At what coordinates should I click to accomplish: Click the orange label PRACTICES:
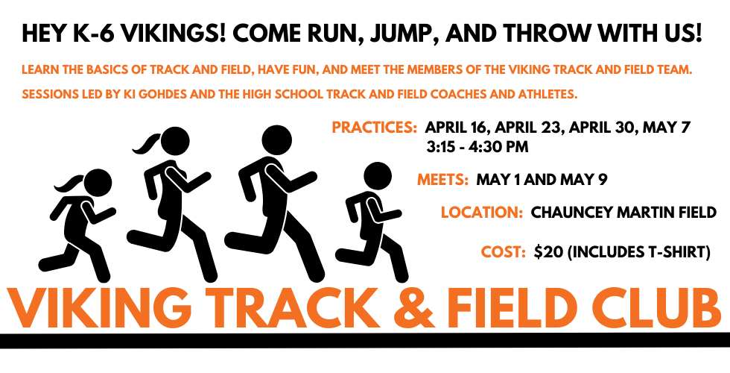(x=374, y=128)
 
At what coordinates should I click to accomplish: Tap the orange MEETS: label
(x=442, y=180)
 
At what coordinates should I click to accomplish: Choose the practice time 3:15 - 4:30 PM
(x=477, y=148)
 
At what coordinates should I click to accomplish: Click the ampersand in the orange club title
(x=411, y=309)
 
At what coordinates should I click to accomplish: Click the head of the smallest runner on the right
(x=378, y=176)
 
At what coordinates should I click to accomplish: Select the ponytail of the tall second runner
(x=147, y=143)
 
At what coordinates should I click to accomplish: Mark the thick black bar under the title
(x=365, y=340)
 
